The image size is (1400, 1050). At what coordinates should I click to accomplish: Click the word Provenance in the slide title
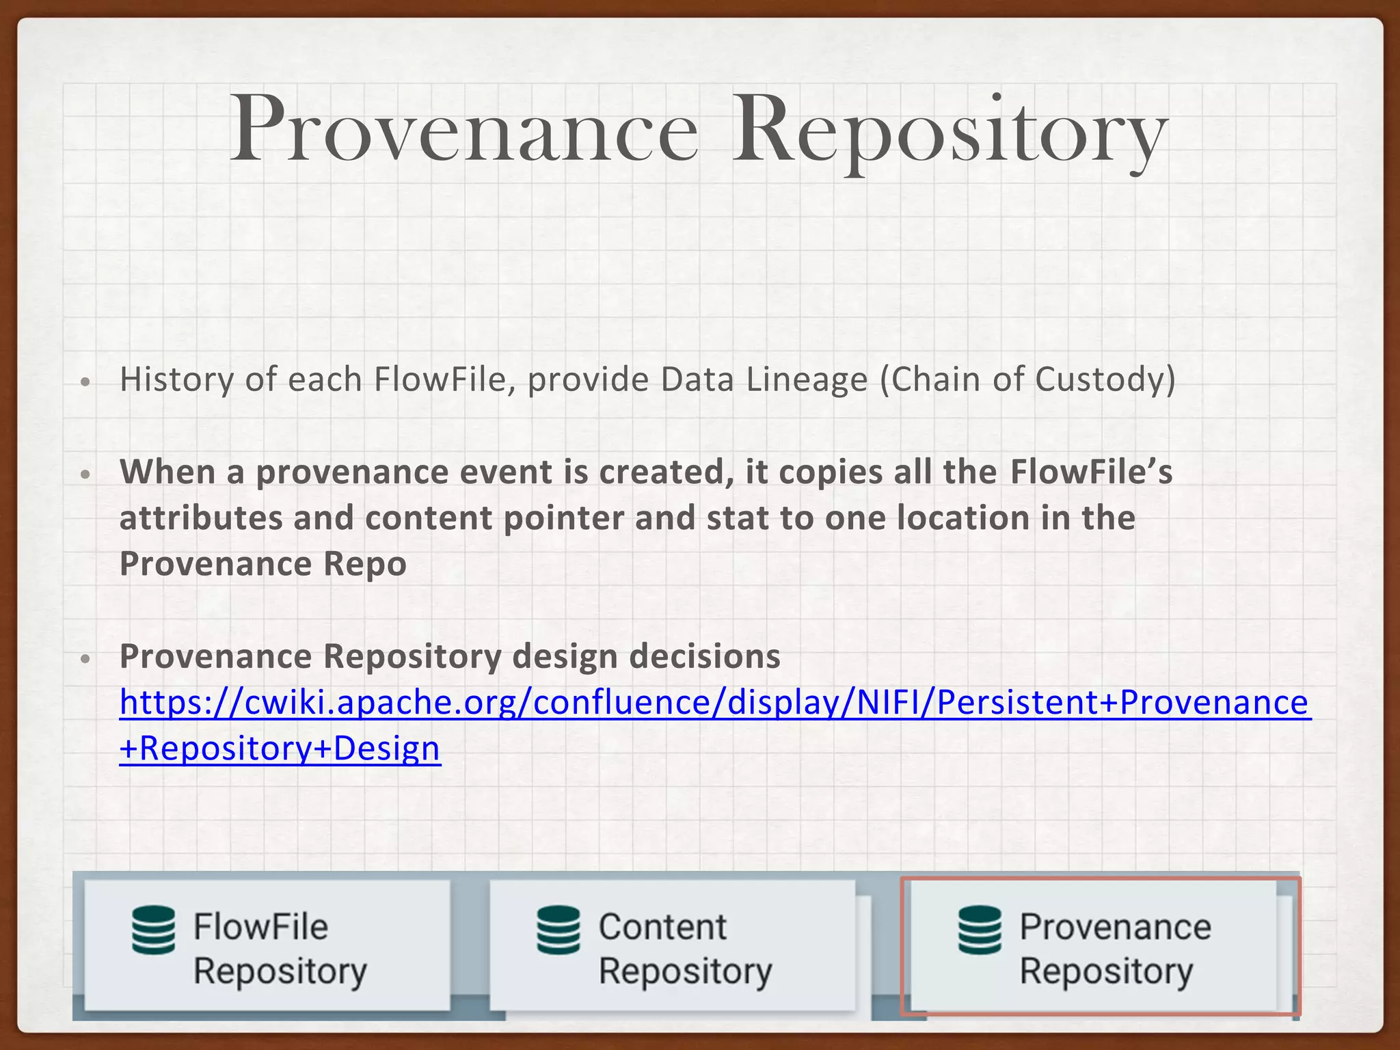pos(463,130)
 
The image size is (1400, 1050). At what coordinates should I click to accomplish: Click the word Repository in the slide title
pos(949,130)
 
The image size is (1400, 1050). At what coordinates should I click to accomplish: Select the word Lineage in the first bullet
pos(807,379)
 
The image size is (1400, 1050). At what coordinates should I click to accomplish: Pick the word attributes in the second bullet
pos(201,518)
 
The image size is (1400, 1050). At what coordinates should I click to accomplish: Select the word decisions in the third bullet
pos(705,656)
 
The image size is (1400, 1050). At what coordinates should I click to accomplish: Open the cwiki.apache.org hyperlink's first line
pos(714,703)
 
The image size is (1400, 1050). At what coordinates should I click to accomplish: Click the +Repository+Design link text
pos(280,749)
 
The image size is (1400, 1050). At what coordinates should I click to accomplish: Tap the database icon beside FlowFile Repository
pos(153,930)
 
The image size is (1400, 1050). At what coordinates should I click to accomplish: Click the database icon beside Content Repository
pos(558,930)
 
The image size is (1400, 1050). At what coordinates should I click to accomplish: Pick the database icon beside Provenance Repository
pos(980,930)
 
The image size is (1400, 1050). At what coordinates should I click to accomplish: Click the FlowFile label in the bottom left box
pos(260,927)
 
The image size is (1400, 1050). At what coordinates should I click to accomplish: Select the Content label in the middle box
pos(662,927)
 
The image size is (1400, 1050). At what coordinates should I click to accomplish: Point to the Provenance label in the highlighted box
pos(1115,927)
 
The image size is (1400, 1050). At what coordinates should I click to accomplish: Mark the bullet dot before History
pos(85,381)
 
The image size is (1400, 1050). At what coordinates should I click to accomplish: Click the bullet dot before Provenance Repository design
pos(85,659)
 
